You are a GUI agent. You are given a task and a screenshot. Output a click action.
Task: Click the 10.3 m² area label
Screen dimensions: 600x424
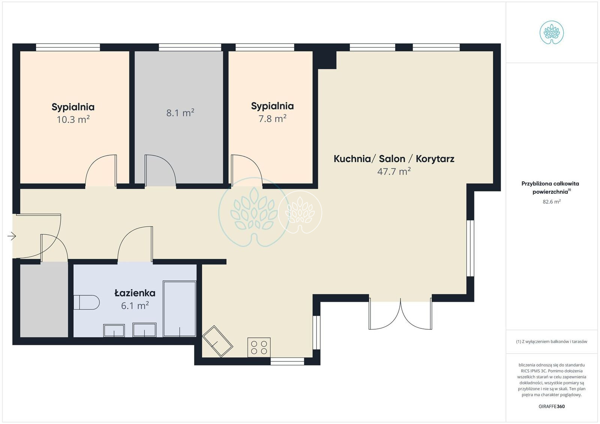point(73,119)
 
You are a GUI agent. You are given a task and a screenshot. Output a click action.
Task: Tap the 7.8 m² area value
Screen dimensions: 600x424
point(272,118)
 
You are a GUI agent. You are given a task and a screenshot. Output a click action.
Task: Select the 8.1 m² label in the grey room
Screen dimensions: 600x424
point(180,113)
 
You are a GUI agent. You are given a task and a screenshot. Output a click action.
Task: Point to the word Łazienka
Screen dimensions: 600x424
point(135,293)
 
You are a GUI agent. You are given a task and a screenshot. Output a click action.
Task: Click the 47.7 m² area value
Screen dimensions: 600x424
point(394,171)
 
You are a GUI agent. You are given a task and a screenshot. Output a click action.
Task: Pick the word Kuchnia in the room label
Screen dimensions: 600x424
point(352,159)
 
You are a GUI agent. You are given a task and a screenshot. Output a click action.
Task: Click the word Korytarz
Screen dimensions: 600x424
point(435,159)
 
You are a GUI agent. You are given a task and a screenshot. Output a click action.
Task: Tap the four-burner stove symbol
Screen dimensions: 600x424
point(259,347)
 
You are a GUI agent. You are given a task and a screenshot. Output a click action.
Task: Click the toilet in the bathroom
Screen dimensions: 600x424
point(86,302)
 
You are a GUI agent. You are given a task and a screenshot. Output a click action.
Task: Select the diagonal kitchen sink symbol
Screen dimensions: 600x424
point(217,341)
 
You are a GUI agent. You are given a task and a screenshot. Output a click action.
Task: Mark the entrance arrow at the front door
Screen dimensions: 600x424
point(12,236)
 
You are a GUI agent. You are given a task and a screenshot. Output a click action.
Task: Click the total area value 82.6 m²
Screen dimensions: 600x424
point(552,202)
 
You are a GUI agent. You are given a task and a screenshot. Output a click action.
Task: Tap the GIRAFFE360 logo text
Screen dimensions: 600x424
point(552,406)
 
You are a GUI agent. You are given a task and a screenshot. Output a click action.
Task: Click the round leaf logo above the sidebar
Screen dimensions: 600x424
point(552,32)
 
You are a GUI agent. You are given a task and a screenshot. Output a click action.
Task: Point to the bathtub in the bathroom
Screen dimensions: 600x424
point(180,308)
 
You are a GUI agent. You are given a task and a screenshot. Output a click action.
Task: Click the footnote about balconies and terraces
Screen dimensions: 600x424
point(552,341)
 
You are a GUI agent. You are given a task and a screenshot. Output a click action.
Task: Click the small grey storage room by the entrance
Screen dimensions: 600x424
point(44,299)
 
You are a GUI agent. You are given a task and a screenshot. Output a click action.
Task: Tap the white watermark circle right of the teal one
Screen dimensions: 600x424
point(300,212)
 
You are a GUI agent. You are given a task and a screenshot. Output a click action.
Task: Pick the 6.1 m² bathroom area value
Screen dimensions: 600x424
point(135,305)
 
